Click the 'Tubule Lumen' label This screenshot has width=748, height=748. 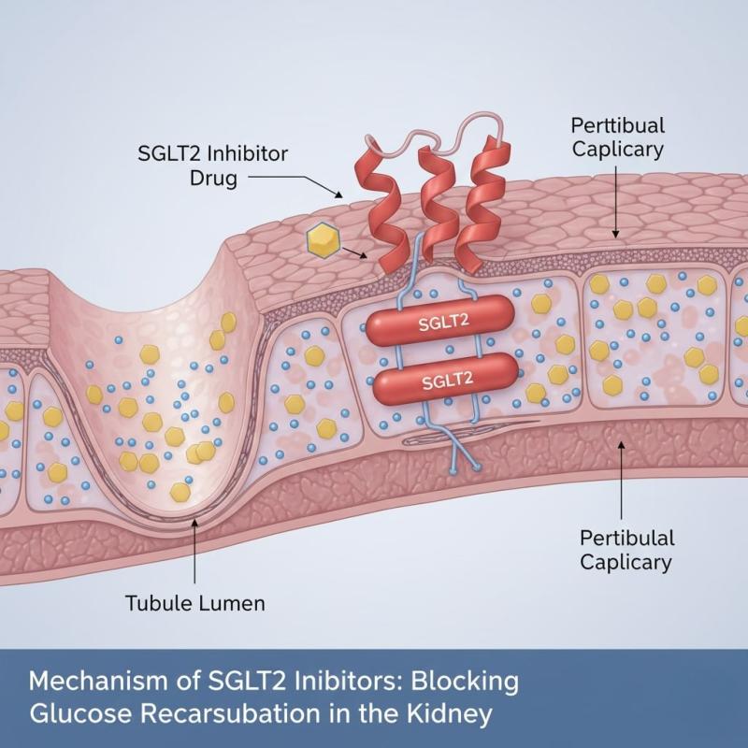coord(195,603)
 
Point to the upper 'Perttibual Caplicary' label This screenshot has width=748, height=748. coord(617,137)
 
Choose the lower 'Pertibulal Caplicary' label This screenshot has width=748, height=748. coord(626,549)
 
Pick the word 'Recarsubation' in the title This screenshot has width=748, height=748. coord(237,715)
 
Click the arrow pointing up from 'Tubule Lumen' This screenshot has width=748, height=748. coord(194,552)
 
